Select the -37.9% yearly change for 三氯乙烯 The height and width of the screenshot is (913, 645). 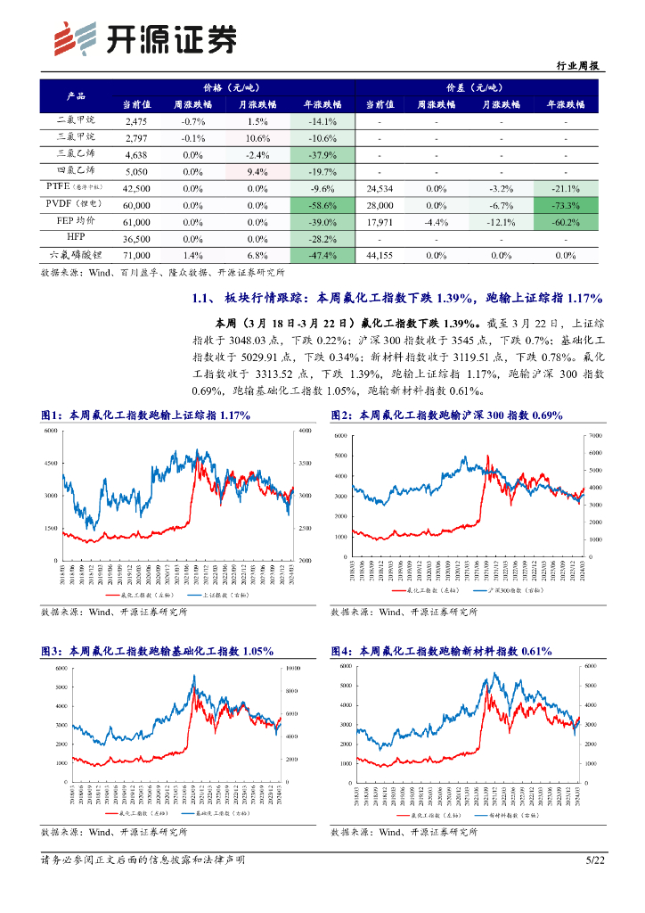click(321, 154)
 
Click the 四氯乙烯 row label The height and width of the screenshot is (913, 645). click(75, 170)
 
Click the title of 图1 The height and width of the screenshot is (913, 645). click(145, 415)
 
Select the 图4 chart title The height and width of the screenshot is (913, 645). click(441, 652)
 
